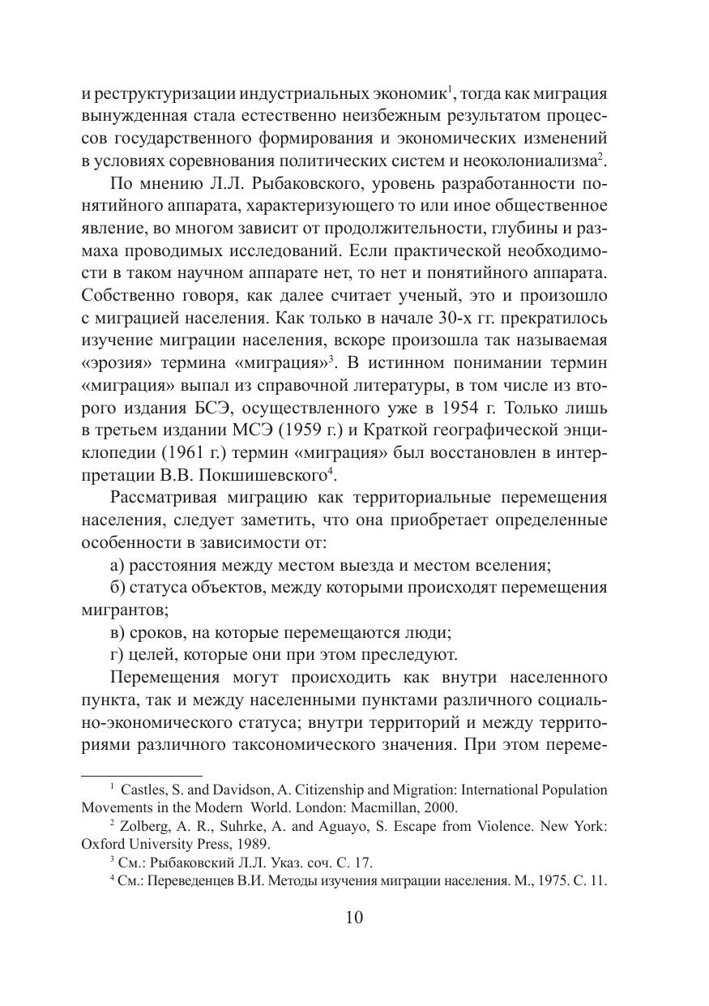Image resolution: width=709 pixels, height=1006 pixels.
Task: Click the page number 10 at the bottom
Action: coord(354,918)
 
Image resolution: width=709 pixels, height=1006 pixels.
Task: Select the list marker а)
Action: coord(117,563)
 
